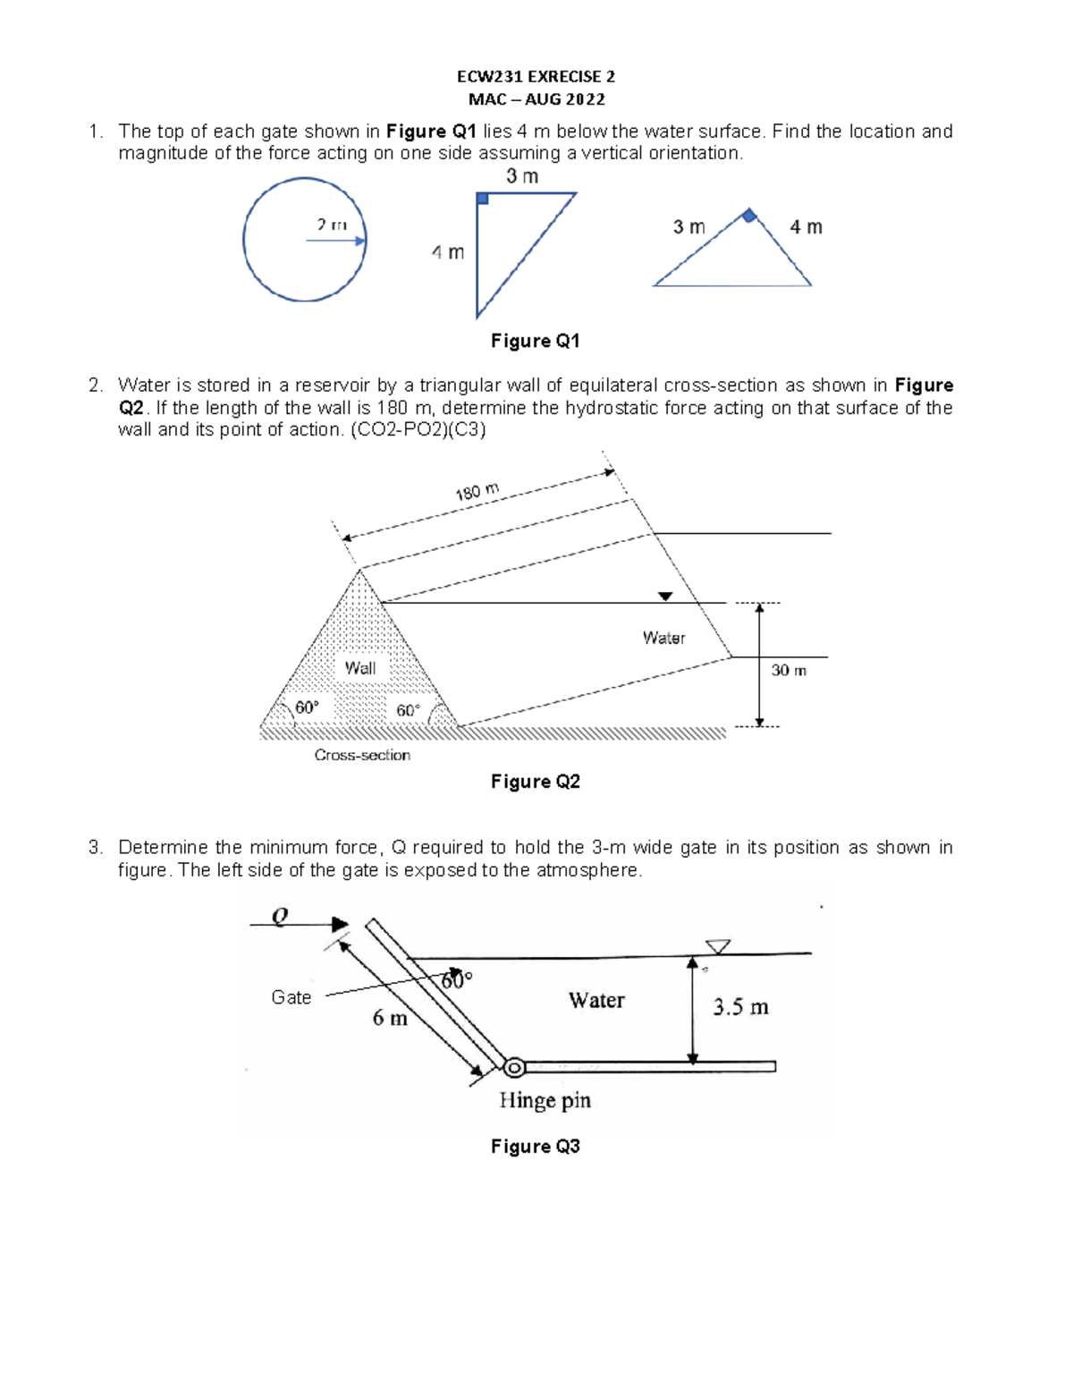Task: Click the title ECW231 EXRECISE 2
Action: coord(536,77)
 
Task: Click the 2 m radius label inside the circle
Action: coord(332,225)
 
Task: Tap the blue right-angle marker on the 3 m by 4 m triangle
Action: coord(482,199)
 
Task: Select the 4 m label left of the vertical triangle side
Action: coord(448,252)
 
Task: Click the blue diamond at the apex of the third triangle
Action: coord(749,215)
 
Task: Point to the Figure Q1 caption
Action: coord(536,341)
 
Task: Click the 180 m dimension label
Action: coord(477,492)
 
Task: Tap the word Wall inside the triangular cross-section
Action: coord(360,667)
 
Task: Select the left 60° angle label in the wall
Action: coord(307,707)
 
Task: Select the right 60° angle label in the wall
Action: coord(408,710)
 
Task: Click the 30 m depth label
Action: coord(789,670)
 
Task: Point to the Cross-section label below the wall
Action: coord(362,755)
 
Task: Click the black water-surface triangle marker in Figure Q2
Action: coord(665,597)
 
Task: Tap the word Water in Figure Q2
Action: coord(663,638)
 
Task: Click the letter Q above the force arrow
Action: coord(280,916)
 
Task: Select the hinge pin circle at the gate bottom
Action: coord(514,1067)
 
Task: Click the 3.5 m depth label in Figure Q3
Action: coord(740,1007)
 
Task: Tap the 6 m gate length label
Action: coord(390,1018)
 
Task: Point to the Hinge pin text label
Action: coord(545,1100)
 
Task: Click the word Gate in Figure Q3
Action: coord(291,997)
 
